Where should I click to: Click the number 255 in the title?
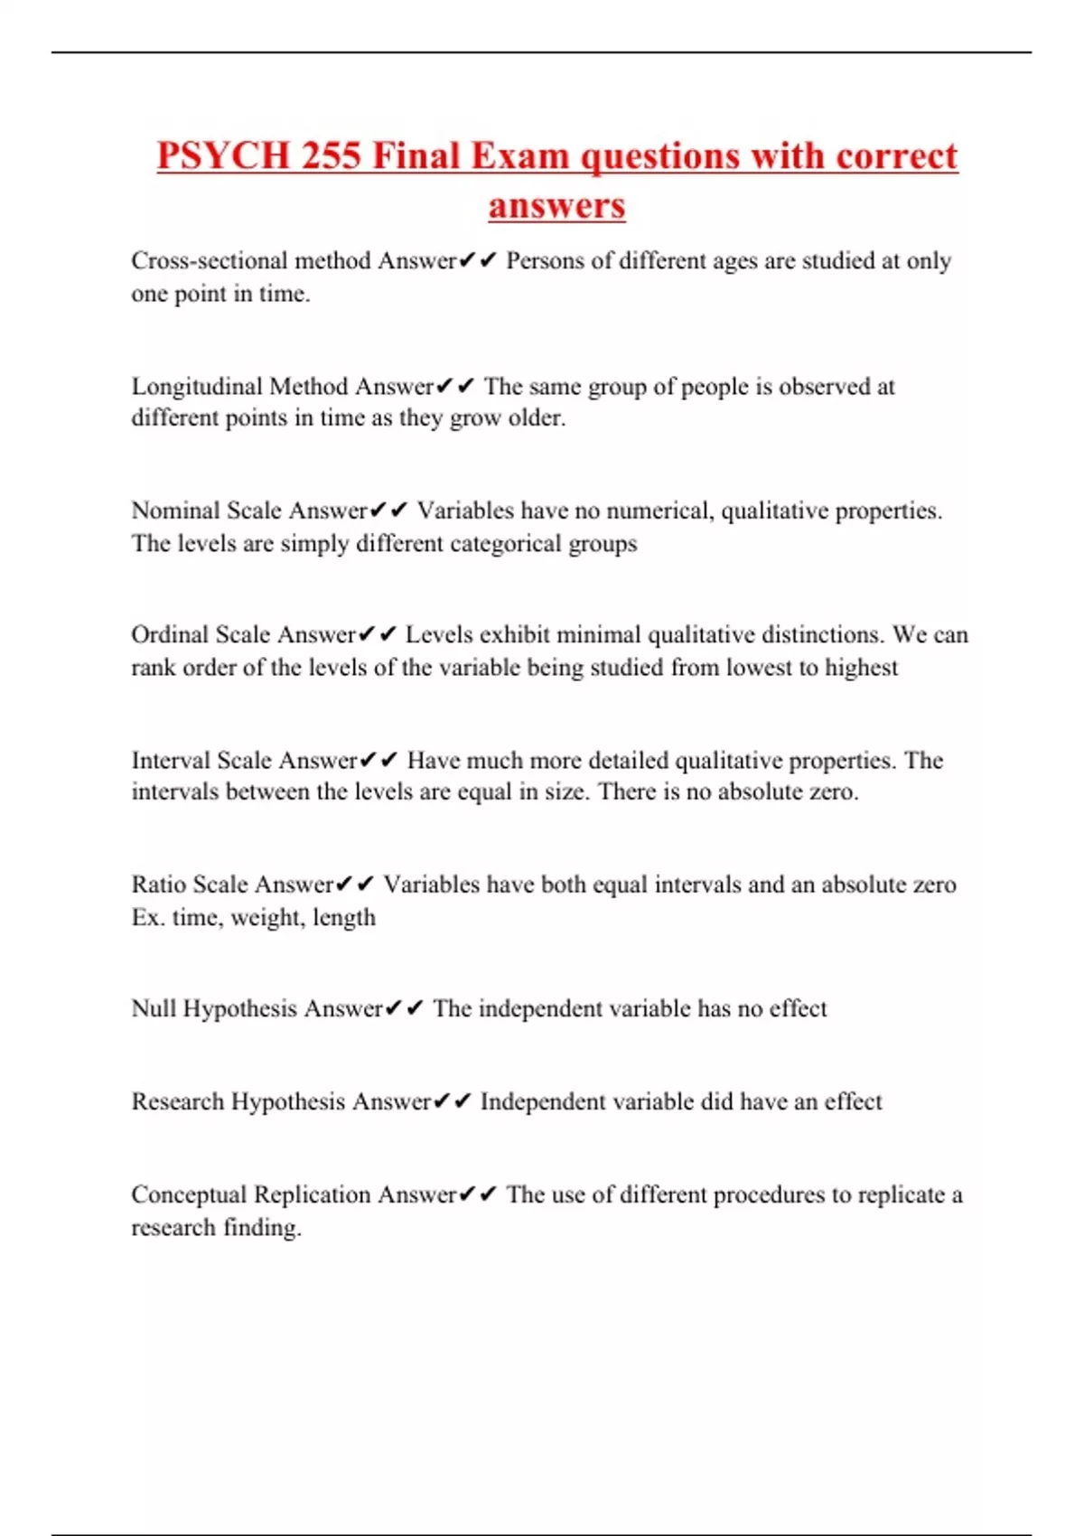tap(332, 155)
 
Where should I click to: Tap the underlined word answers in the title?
tap(556, 205)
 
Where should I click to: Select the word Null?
tap(154, 1008)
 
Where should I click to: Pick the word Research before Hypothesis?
tap(177, 1101)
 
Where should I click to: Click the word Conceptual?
tap(189, 1194)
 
